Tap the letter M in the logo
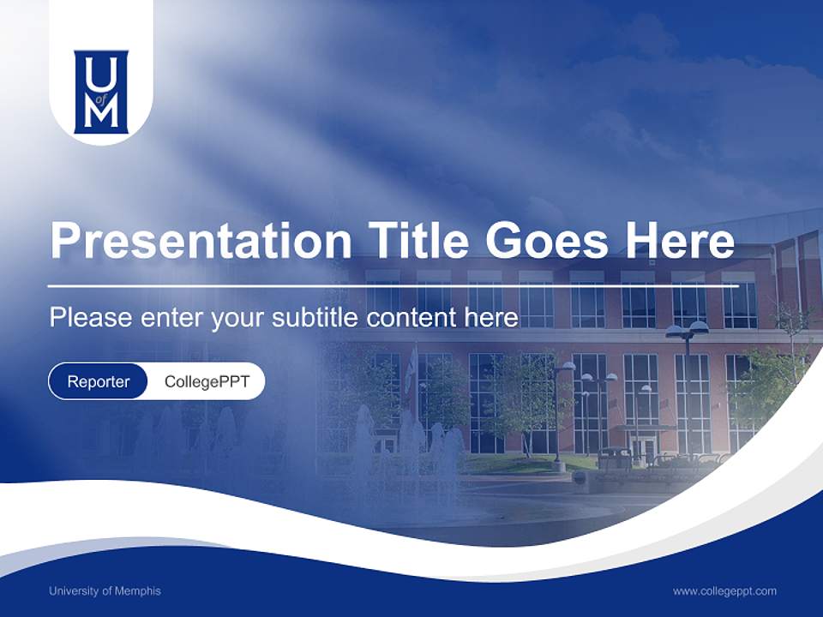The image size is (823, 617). point(101,114)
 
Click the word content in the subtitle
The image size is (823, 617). point(414,318)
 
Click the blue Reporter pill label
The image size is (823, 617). point(99,381)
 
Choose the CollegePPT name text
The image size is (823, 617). point(207,381)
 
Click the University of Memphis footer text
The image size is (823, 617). point(105,590)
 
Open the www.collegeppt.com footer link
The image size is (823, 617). point(724,590)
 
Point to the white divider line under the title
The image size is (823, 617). point(393,285)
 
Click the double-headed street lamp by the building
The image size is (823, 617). point(687,330)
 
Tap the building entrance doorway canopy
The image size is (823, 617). point(642,428)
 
